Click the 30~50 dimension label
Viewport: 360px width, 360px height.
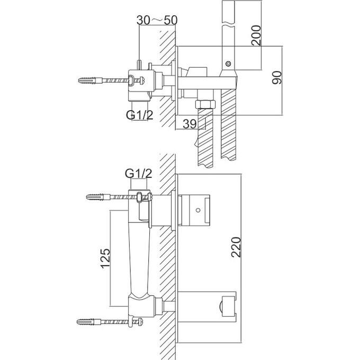tap(157, 20)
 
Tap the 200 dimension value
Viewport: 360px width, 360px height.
tap(256, 35)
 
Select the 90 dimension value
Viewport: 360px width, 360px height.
tap(277, 78)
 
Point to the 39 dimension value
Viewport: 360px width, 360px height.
tap(190, 124)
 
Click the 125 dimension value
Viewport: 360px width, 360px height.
tap(105, 258)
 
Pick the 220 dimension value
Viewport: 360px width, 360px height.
tap(236, 247)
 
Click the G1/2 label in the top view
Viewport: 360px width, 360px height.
tap(140, 115)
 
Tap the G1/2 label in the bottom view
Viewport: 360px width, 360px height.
tap(139, 174)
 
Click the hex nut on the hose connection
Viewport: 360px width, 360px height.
tap(205, 104)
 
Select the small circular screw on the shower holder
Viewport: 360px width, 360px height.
tap(228, 64)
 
